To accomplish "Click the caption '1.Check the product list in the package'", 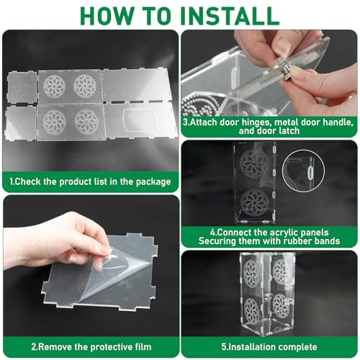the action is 90,181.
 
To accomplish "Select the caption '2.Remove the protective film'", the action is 91,347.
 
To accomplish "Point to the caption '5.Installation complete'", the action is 269,347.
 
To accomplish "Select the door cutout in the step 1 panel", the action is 139,119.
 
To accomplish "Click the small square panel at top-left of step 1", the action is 22,87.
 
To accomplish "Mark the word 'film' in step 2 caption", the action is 143,347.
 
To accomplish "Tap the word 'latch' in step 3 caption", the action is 288,131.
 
